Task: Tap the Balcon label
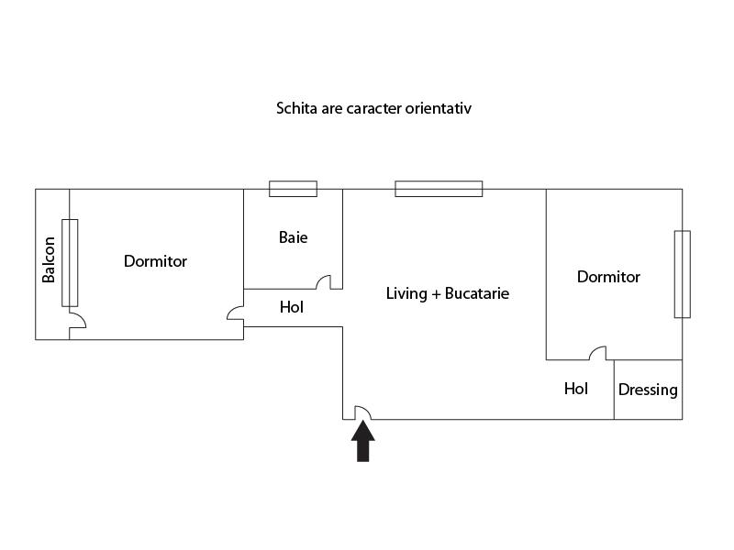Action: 49,260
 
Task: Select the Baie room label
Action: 294,237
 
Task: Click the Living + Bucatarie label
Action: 447,293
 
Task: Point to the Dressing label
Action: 648,390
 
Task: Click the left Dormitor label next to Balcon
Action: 155,261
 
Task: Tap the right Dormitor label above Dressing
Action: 608,277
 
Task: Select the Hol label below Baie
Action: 292,307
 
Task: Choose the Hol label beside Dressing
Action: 576,389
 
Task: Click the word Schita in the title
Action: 297,108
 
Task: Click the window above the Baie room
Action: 293,189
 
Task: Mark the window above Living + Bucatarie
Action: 439,189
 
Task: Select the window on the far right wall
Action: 682,274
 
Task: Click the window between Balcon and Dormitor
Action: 70,262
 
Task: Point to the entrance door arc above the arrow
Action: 361,412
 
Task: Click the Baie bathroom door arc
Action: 324,282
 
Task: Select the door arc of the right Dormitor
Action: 598,353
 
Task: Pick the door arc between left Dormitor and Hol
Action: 236,313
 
